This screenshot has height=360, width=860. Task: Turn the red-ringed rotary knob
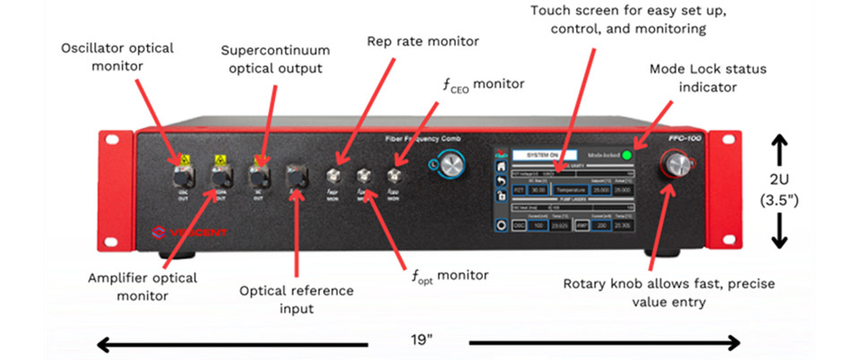(x=676, y=165)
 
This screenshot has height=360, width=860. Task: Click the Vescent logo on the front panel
(x=188, y=235)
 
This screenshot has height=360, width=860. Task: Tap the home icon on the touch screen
(x=501, y=167)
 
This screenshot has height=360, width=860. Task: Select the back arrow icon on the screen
(x=501, y=182)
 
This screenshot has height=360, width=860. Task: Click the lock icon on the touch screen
(x=501, y=196)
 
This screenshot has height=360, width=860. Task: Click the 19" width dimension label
(x=418, y=341)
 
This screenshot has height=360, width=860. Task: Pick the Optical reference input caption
(x=297, y=299)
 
